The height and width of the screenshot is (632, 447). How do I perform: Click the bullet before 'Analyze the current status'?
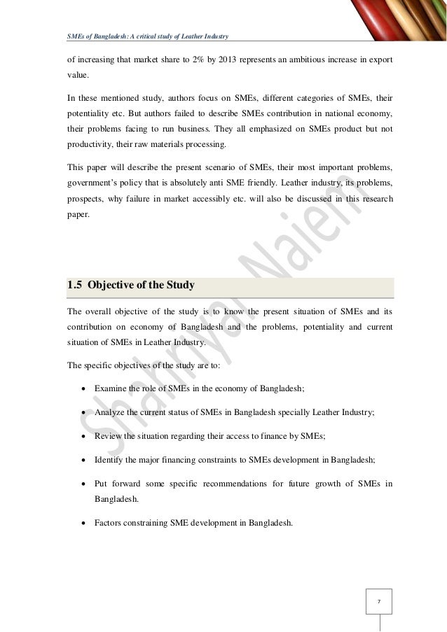pyautogui.click(x=84, y=414)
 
